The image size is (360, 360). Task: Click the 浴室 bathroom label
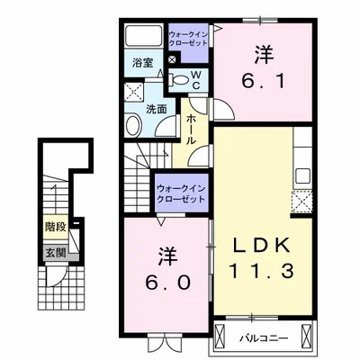[143, 63]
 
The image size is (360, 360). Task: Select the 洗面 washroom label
[156, 110]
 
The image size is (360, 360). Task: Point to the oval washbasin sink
[134, 125]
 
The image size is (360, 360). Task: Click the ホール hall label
[192, 130]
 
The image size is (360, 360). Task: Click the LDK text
[262, 246]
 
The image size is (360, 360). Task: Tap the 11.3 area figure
[261, 272]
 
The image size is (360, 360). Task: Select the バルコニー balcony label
[264, 338]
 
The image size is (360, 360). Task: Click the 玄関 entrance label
[56, 254]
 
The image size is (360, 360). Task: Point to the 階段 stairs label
[56, 227]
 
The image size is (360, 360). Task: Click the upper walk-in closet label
[188, 39]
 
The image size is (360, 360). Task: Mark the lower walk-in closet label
[181, 193]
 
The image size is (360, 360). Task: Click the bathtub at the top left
[143, 36]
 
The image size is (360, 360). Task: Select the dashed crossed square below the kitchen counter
[302, 202]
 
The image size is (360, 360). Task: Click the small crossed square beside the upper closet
[172, 59]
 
